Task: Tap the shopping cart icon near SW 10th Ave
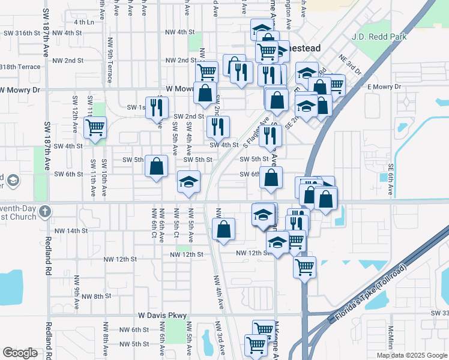click(95, 127)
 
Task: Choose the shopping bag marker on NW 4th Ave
click(223, 229)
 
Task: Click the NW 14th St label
click(71, 230)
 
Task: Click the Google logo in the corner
click(20, 353)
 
